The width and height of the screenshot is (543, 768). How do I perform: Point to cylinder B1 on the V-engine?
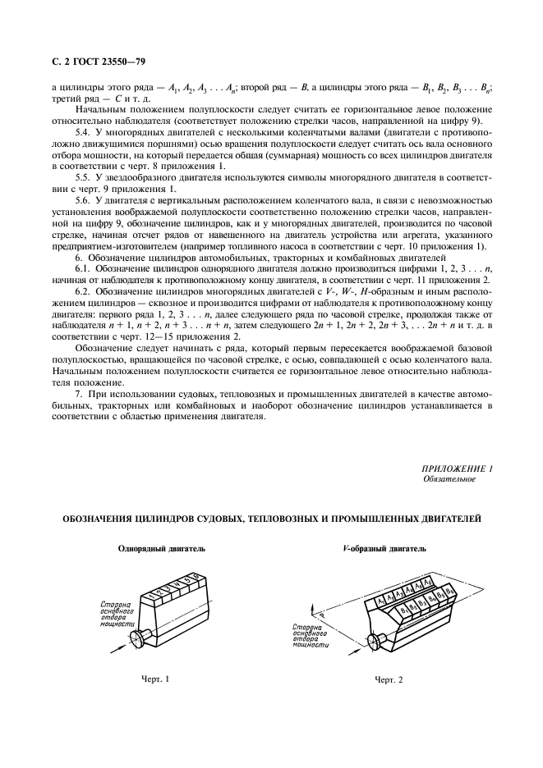(x=403, y=612)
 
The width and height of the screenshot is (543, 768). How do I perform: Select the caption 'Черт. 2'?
(x=391, y=680)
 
